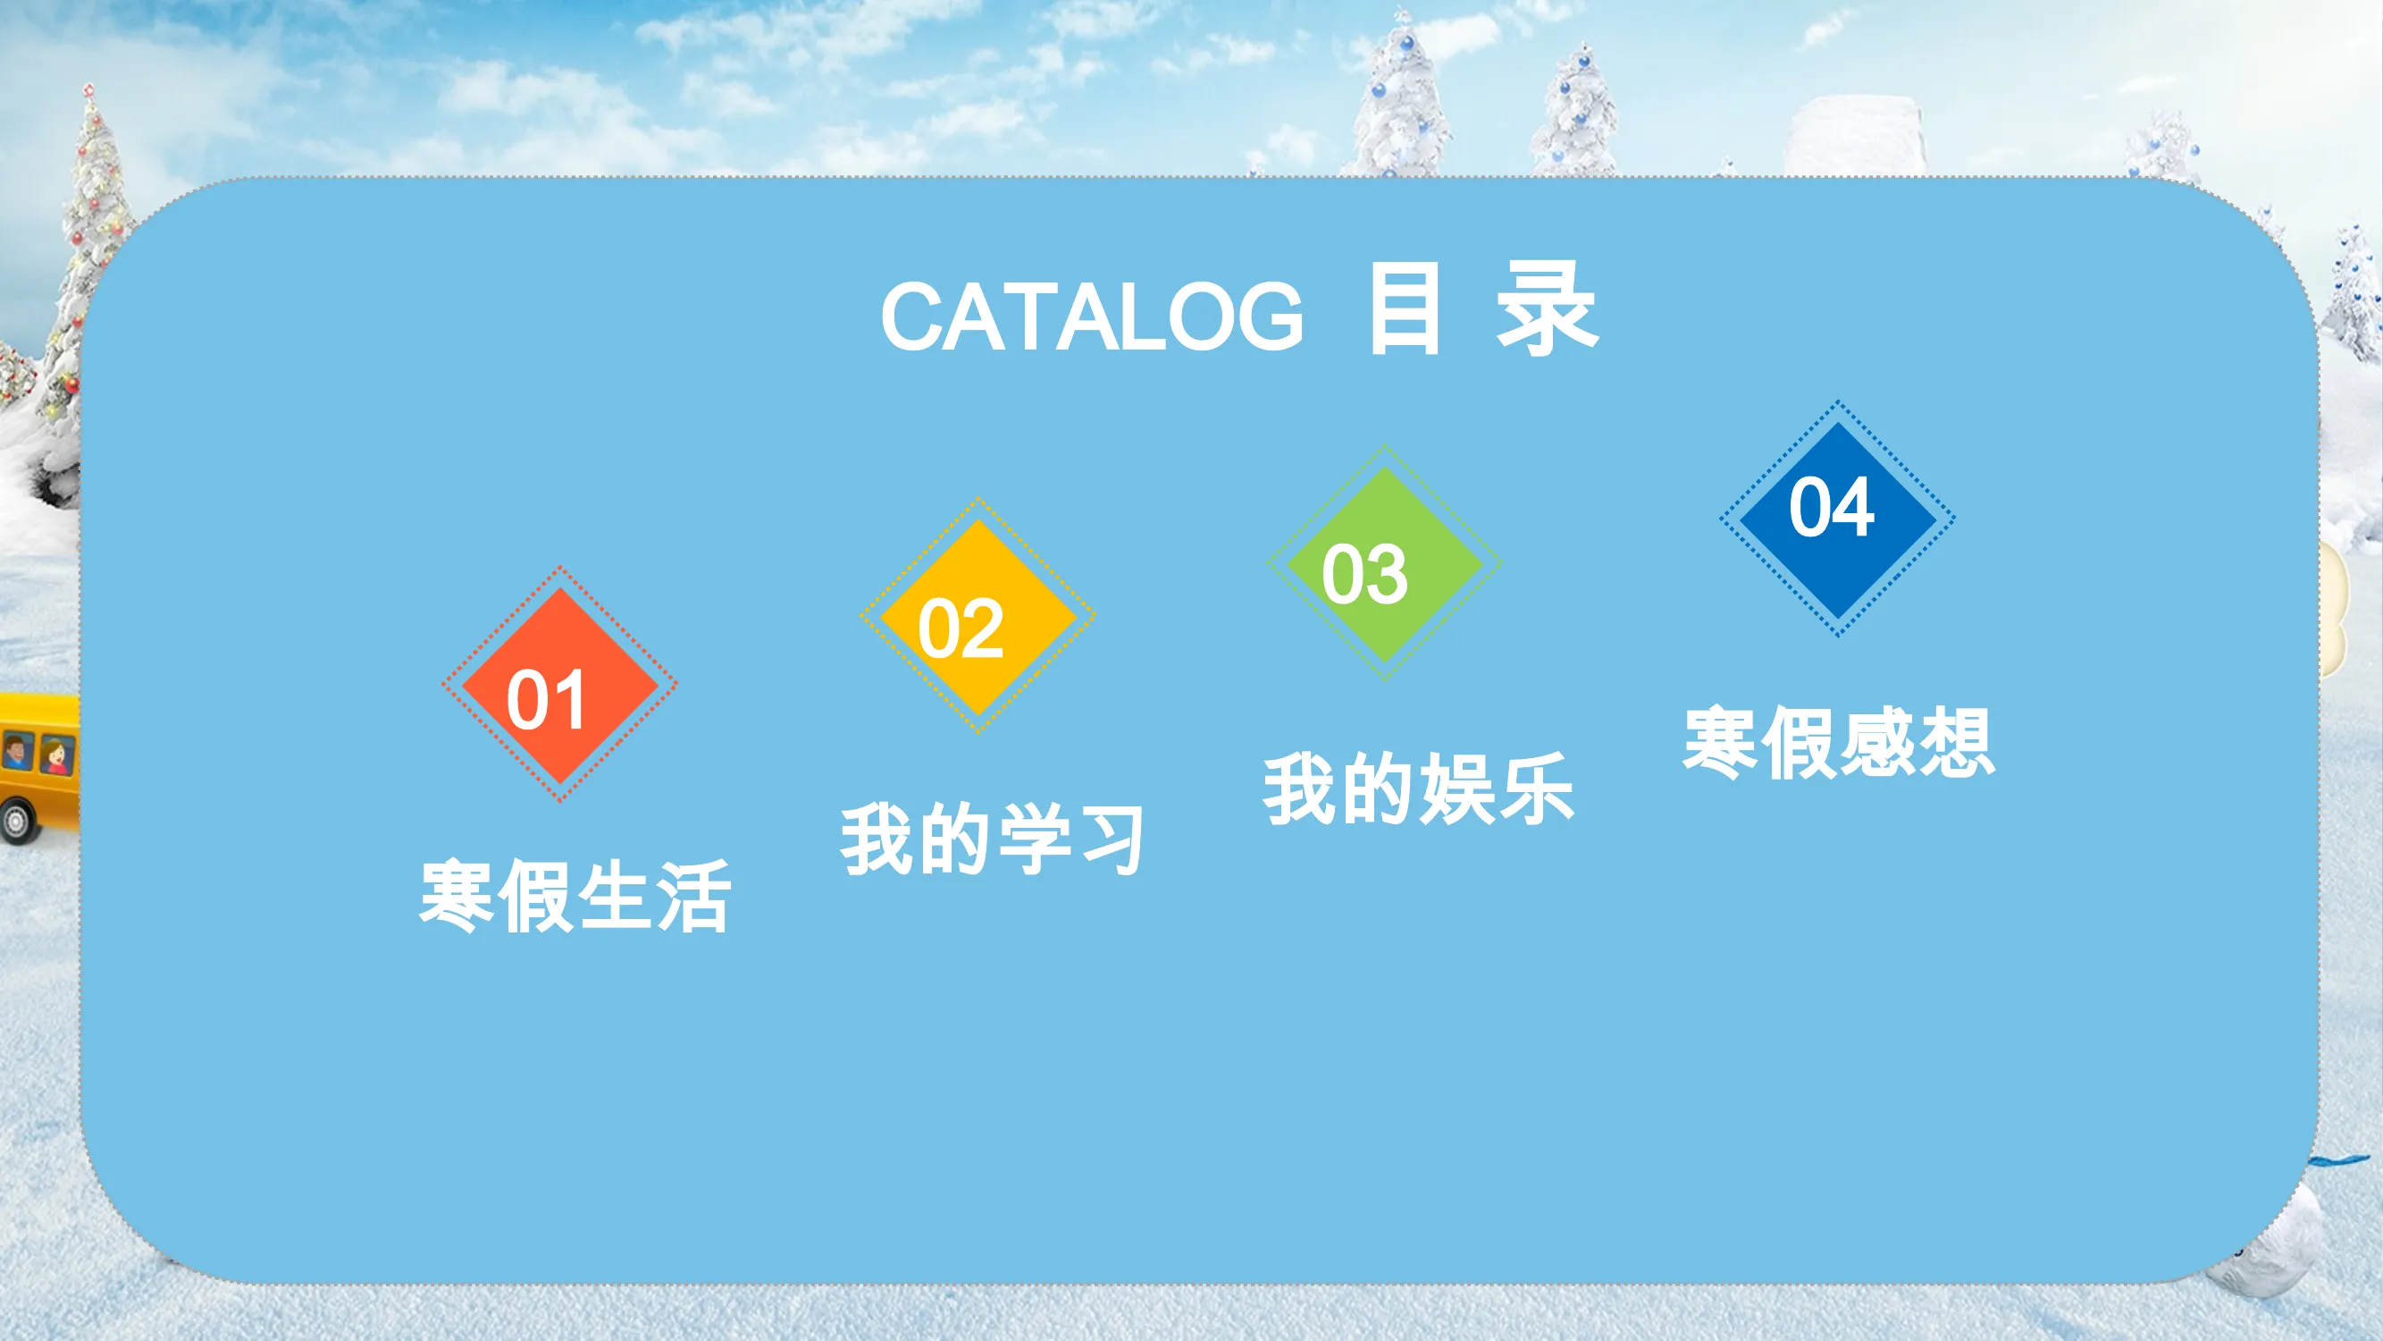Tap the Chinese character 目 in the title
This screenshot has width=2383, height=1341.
[x=1405, y=308]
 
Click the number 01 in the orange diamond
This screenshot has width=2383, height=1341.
[x=546, y=700]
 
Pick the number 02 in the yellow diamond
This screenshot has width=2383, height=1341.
[x=961, y=628]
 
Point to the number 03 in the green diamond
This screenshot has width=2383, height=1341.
[x=1364, y=574]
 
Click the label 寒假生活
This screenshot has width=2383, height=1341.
[x=575, y=896]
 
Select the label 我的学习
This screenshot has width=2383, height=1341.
[x=992, y=839]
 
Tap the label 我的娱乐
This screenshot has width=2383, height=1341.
[x=1419, y=789]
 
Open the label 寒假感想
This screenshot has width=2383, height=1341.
[x=1839, y=742]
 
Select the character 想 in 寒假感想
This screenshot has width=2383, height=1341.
[x=1958, y=742]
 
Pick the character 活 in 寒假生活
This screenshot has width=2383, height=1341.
[x=693, y=896]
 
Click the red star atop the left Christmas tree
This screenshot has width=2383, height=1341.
[x=88, y=90]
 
